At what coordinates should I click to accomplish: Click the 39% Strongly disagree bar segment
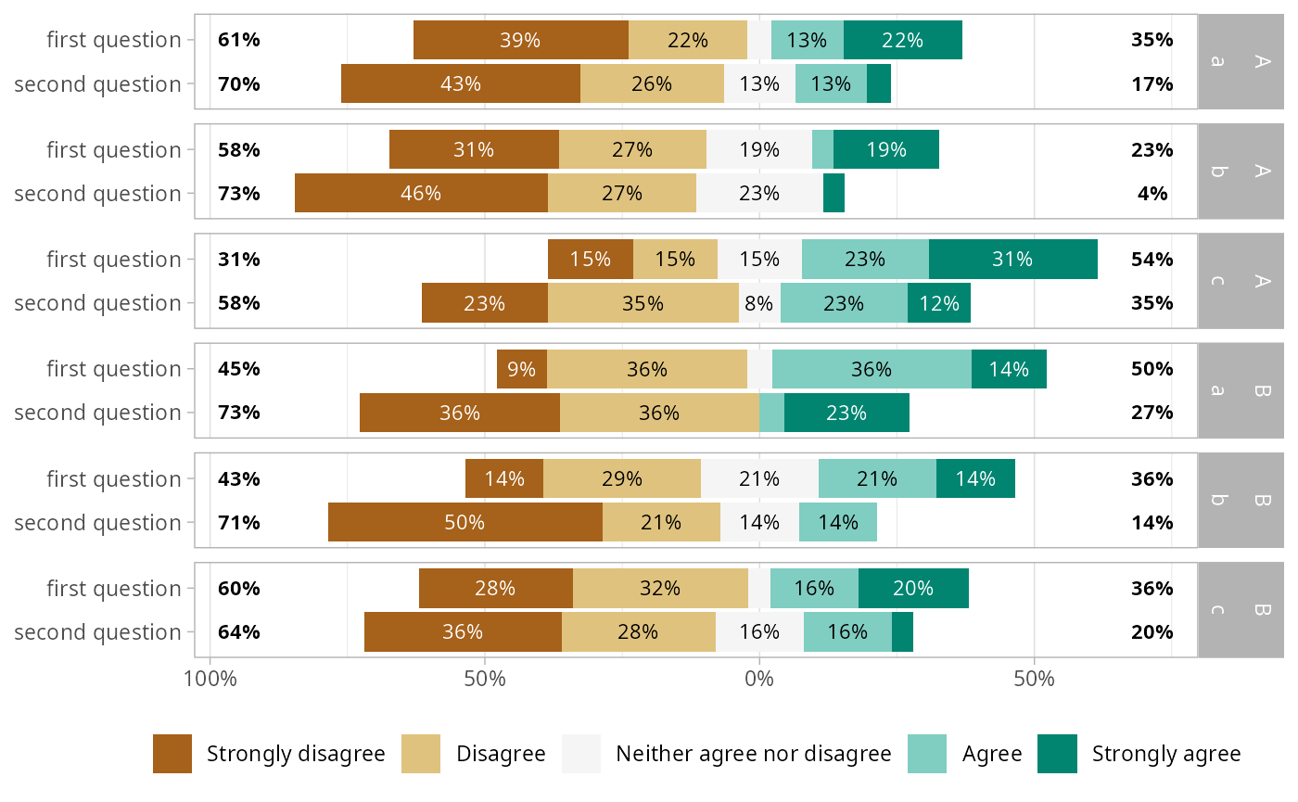click(520, 40)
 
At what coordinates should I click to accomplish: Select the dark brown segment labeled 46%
click(421, 194)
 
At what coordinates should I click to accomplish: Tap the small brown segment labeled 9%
click(522, 369)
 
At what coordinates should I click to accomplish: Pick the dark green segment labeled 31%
click(1012, 260)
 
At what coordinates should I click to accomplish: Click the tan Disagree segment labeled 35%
click(643, 303)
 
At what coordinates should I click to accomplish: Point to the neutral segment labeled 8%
click(759, 303)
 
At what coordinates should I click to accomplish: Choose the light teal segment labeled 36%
click(872, 369)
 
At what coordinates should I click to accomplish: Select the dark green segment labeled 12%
click(938, 303)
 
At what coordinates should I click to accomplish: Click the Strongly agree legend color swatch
click(1057, 754)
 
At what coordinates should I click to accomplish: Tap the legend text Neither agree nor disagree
click(753, 754)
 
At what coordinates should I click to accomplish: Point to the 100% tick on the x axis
click(210, 679)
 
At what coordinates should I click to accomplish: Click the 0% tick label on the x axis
click(759, 679)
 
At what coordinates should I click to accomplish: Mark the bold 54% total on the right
click(1152, 260)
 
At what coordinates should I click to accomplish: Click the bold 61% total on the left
click(239, 40)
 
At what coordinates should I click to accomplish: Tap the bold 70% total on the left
click(239, 84)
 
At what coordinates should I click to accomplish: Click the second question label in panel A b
click(97, 194)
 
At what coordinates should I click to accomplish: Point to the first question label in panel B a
click(114, 369)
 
